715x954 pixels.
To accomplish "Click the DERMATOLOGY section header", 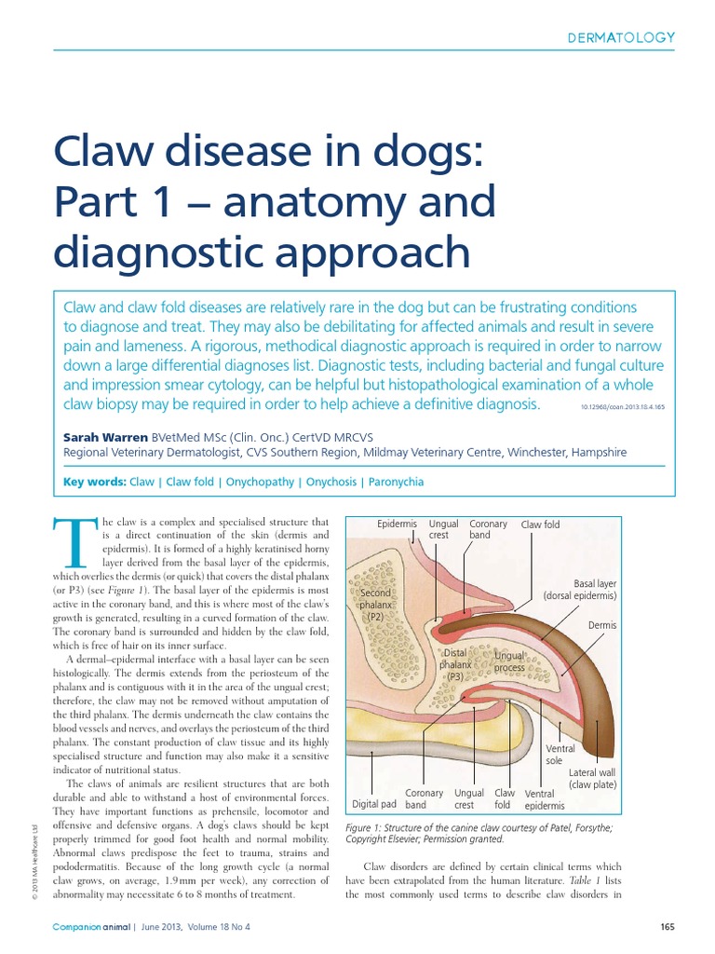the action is coord(621,37).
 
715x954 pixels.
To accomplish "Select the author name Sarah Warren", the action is coord(103,435).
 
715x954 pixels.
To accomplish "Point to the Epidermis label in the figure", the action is coord(397,525).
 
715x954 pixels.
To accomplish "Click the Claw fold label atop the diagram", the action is coord(540,525).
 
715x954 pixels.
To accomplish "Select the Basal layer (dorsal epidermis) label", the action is coord(581,590).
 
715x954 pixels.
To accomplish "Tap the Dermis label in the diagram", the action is coord(603,625).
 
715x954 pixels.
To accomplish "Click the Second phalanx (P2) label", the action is coord(375,605).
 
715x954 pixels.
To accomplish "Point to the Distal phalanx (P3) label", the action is coord(455,665).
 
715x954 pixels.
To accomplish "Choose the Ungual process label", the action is coord(509,662).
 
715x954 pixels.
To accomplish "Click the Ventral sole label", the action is coord(560,755).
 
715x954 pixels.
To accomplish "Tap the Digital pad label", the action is coord(374,803).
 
